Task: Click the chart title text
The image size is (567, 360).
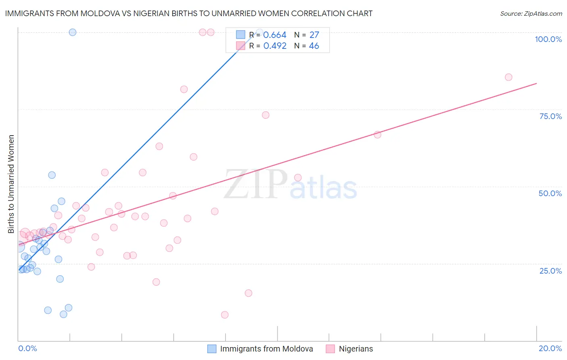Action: pyautogui.click(x=189, y=13)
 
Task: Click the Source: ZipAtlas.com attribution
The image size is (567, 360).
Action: pyautogui.click(x=531, y=13)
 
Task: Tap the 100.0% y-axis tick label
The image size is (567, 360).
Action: pyautogui.click(x=548, y=39)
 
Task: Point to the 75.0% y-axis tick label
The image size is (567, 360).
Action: pyautogui.click(x=550, y=116)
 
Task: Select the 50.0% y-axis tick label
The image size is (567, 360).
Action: pyautogui.click(x=550, y=193)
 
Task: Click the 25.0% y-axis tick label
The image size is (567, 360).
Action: pyautogui.click(x=550, y=271)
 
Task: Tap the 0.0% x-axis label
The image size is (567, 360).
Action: pyautogui.click(x=27, y=348)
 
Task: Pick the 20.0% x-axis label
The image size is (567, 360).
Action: pyautogui.click(x=550, y=348)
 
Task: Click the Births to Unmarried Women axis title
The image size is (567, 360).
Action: pyautogui.click(x=11, y=184)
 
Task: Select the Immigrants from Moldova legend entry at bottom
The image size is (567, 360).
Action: pyautogui.click(x=266, y=349)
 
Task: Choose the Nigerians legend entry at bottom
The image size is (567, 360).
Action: pyautogui.click(x=356, y=349)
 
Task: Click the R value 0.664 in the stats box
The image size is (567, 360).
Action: pyautogui.click(x=275, y=35)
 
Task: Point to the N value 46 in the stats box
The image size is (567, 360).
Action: pyautogui.click(x=314, y=46)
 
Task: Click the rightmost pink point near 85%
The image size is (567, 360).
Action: pyautogui.click(x=509, y=77)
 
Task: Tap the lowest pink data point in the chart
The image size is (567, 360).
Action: pyautogui.click(x=225, y=315)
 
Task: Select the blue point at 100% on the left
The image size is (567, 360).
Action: pyautogui.click(x=73, y=32)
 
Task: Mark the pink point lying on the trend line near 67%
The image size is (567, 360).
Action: pyautogui.click(x=377, y=135)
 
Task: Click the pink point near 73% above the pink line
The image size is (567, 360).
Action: pyautogui.click(x=265, y=115)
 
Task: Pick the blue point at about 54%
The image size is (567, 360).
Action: pyautogui.click(x=52, y=175)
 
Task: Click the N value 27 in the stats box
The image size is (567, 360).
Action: pyautogui.click(x=314, y=35)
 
